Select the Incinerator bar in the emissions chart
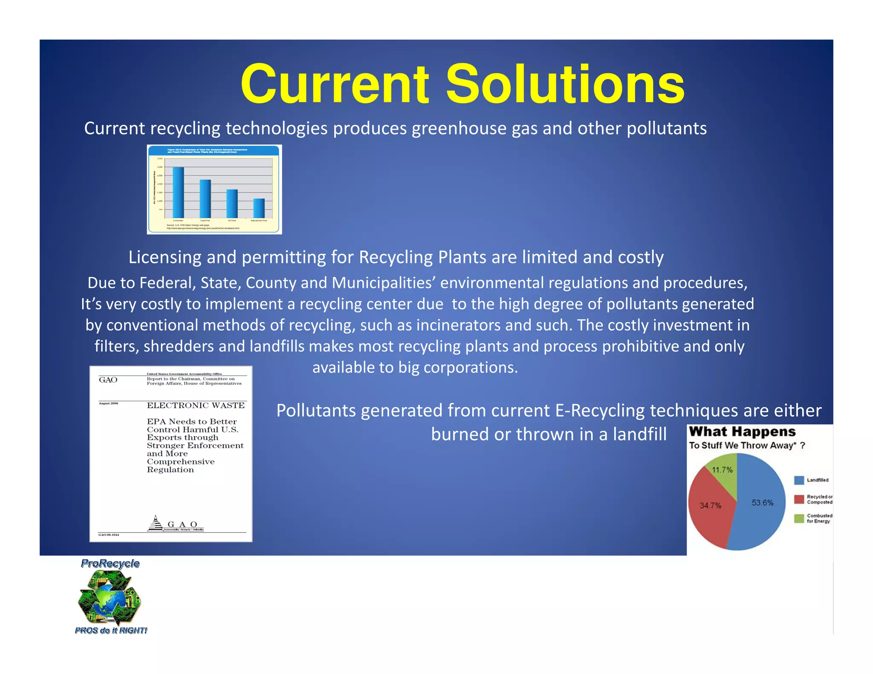tap(178, 193)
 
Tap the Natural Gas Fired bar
tap(259, 208)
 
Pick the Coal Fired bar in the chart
tap(205, 199)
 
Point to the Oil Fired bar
tap(232, 204)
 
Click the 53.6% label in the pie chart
tap(762, 503)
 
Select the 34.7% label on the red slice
tap(710, 506)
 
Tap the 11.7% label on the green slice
tap(722, 470)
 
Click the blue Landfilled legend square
tap(799, 480)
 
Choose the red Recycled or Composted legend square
tap(799, 499)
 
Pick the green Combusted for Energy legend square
tap(799, 518)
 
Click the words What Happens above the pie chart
tap(742, 432)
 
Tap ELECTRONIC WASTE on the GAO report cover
tap(196, 406)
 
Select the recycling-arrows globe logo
tap(110, 598)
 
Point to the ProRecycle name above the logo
tap(110, 564)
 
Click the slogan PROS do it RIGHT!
tap(111, 631)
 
